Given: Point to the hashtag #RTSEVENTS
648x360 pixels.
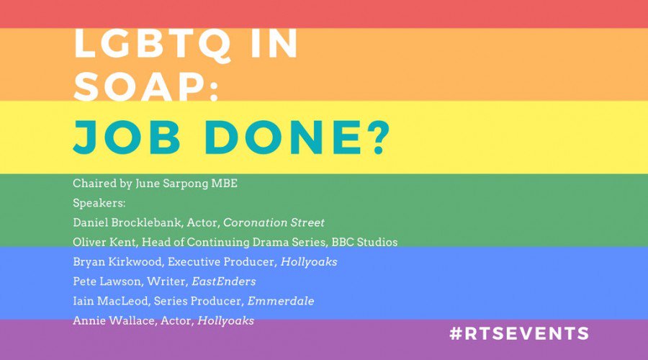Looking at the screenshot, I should [518, 333].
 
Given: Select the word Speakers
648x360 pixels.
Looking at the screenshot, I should [99, 202].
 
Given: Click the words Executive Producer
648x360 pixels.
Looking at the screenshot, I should [200, 261].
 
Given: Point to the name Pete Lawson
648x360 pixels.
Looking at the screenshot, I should [101, 282].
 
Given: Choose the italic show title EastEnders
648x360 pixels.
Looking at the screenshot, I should [224, 282].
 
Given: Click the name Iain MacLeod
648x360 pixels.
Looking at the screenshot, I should [105, 301].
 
